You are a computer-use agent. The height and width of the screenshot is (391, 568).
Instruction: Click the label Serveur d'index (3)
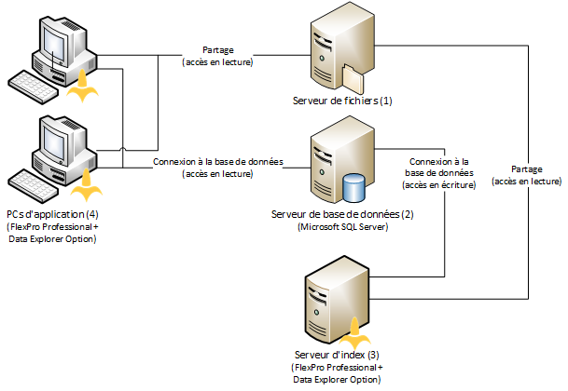pyautogui.click(x=337, y=356)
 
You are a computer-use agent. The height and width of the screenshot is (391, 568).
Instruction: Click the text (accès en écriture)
pyautogui.click(x=441, y=184)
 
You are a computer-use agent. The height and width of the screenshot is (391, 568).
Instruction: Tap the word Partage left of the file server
pyautogui.click(x=217, y=50)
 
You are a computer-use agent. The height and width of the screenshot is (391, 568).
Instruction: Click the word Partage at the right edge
pyautogui.click(x=529, y=168)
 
